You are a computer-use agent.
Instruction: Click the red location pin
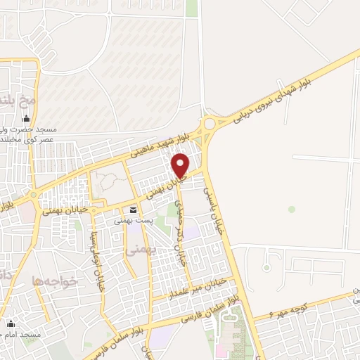181,165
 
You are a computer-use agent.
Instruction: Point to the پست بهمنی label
133,220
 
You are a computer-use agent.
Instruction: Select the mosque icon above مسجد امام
11,324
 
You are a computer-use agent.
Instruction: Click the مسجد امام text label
21,335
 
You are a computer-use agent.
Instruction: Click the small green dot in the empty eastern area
291,209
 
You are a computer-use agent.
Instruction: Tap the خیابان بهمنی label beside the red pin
162,186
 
